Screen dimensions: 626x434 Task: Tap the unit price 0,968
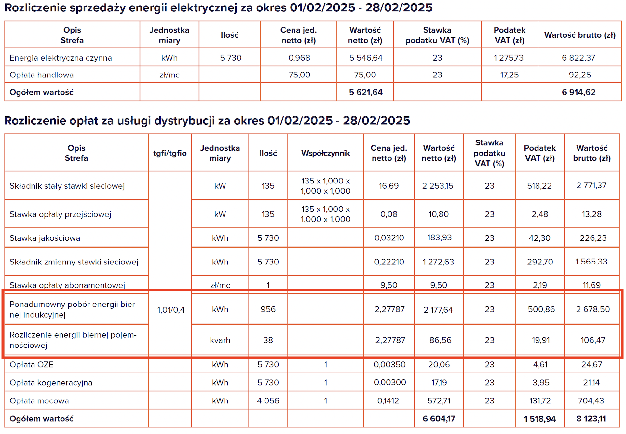tap(299, 58)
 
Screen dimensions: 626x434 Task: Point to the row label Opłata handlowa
tap(42, 75)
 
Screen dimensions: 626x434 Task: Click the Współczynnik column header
tap(326, 153)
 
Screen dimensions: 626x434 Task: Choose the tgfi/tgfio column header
tap(170, 153)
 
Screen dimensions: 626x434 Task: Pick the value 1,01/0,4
tap(171, 310)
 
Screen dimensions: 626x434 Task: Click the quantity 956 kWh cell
tap(268, 309)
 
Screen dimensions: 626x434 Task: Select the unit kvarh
tap(220, 340)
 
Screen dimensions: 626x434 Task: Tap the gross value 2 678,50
tap(593, 309)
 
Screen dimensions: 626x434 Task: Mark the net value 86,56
tap(440, 340)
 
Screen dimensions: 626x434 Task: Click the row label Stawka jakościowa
tap(45, 238)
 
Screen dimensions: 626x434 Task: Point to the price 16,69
tap(388, 186)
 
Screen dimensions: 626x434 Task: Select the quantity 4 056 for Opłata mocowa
tap(268, 400)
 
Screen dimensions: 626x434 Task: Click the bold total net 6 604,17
tap(439, 419)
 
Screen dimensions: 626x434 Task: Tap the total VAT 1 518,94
tap(539, 419)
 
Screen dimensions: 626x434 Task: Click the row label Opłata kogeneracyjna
tap(51, 383)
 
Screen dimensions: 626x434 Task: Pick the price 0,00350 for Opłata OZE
tap(389, 364)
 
